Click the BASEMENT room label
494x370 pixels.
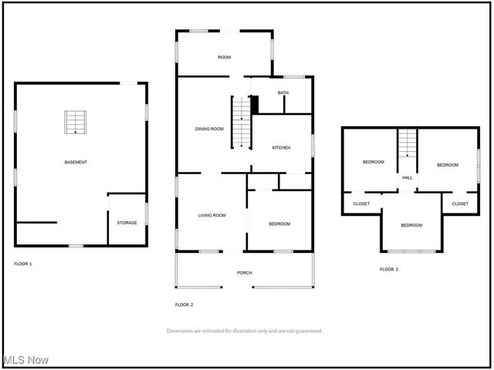click(76, 162)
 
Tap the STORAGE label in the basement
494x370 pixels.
click(127, 223)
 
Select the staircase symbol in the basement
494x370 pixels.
click(76, 123)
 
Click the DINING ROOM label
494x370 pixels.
click(209, 129)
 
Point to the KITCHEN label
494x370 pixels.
click(281, 147)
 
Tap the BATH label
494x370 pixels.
click(283, 93)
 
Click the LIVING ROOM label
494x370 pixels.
click(211, 215)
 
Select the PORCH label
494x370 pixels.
click(245, 273)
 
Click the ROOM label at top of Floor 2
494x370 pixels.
click(225, 57)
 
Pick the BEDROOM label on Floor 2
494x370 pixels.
click(279, 224)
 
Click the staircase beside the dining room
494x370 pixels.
click(242, 122)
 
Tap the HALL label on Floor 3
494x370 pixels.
click(408, 177)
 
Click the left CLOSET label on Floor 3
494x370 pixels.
click(361, 203)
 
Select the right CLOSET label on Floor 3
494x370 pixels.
click(460, 203)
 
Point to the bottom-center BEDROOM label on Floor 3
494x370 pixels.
click(411, 225)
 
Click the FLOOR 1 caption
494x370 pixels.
click(23, 264)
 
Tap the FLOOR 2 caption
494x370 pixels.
click(184, 304)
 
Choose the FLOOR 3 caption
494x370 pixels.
click(389, 269)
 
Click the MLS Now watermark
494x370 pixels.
click(26, 360)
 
